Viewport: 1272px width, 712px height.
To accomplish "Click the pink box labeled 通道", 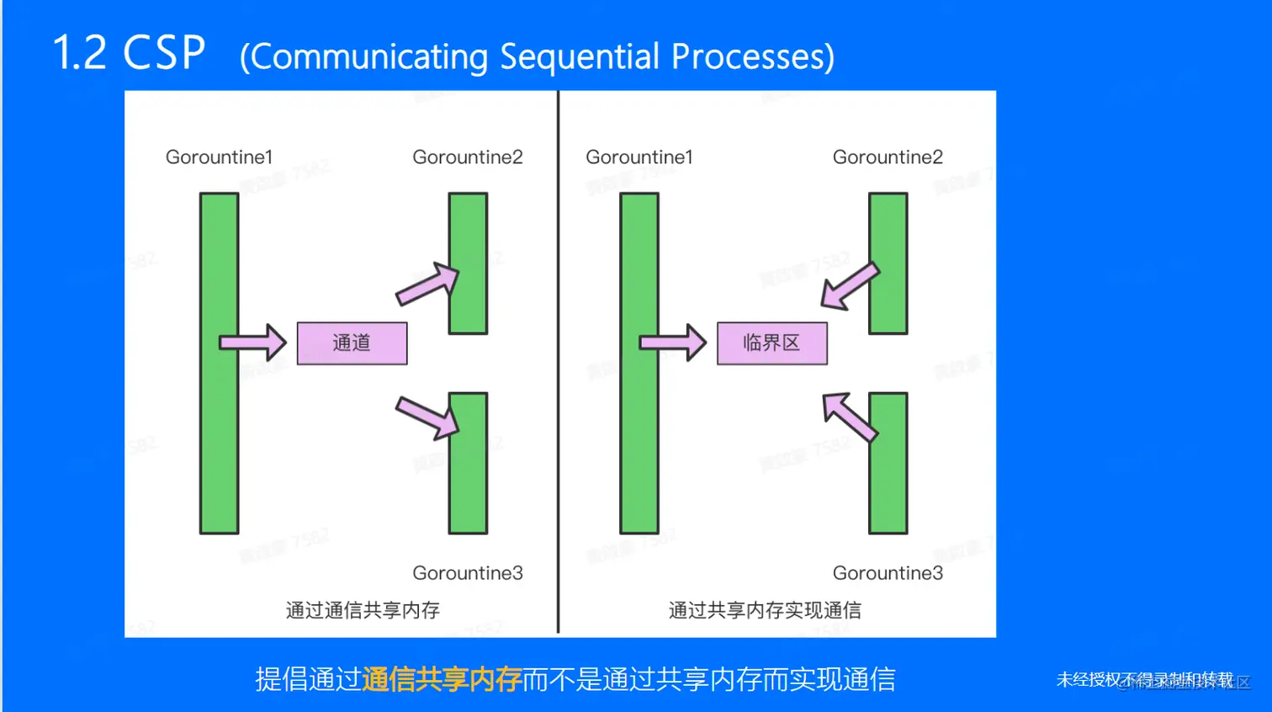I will [352, 343].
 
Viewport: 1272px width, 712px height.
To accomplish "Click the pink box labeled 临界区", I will [771, 343].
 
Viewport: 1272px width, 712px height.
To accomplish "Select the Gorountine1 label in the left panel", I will [219, 157].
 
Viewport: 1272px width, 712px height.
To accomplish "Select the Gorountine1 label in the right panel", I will [639, 157].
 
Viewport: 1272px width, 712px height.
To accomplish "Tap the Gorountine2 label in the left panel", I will [467, 157].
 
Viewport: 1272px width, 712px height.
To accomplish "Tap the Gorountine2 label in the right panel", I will [887, 157].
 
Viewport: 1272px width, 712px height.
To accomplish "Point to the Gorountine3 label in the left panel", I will [467, 573].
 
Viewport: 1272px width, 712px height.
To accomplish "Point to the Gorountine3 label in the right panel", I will [887, 573].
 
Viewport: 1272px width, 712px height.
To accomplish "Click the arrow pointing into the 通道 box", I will [252, 343].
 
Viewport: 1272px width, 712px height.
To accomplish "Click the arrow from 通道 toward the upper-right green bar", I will [427, 284].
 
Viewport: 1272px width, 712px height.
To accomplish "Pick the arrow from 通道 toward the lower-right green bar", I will [427, 417].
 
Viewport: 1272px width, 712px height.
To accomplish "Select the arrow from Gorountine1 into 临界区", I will [672, 343].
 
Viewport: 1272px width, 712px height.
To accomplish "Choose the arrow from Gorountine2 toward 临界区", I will [850, 286].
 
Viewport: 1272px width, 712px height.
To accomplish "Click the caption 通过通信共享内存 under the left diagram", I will [363, 610].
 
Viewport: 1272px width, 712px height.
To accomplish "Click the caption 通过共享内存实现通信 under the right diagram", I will [765, 610].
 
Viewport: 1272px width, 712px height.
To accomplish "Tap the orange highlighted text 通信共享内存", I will [442, 679].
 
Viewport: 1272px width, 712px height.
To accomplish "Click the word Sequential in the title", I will [580, 56].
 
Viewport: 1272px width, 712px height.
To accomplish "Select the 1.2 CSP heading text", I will [129, 52].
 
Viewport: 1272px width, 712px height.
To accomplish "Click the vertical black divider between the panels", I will [558, 362].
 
